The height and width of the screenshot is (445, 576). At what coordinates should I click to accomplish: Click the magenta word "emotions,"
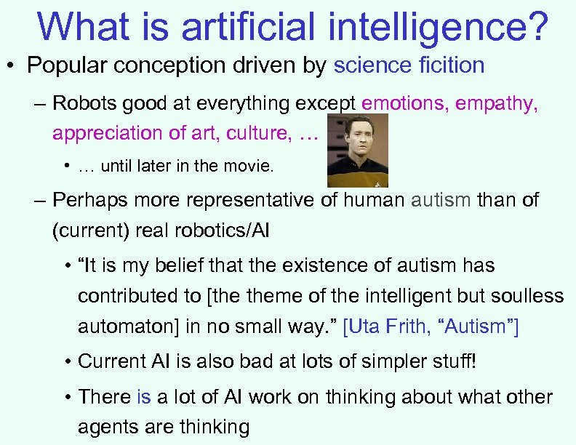click(405, 103)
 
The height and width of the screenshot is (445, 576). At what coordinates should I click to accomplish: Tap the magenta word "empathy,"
click(497, 103)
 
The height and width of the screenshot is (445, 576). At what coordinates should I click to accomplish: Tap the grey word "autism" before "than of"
click(441, 199)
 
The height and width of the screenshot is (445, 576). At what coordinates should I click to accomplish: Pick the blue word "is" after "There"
click(143, 397)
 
